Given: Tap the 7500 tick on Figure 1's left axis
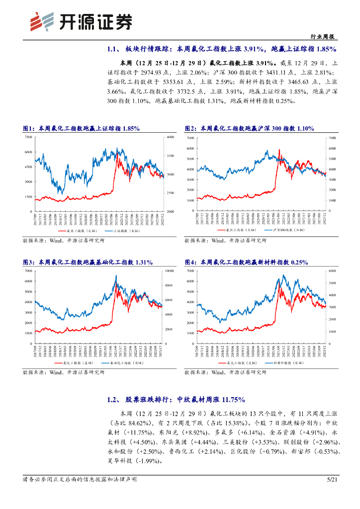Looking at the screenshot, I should click(28, 137).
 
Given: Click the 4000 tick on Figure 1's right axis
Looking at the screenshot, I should click(171, 137).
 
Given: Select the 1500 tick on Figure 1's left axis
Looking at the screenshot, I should click(28, 197).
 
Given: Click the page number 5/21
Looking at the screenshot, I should click(332, 479).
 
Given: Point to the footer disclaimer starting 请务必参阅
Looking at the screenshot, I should click(80, 479).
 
